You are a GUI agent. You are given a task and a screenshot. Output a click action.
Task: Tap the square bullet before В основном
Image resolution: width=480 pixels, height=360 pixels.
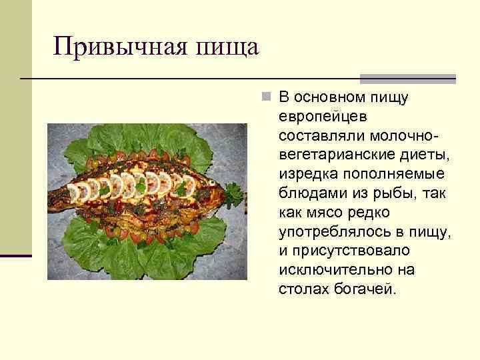pos(266,98)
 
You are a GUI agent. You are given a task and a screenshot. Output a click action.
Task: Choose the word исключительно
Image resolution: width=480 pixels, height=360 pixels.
pos(329,270)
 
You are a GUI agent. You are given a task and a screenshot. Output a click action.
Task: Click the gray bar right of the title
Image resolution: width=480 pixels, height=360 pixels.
pos(407,78)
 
